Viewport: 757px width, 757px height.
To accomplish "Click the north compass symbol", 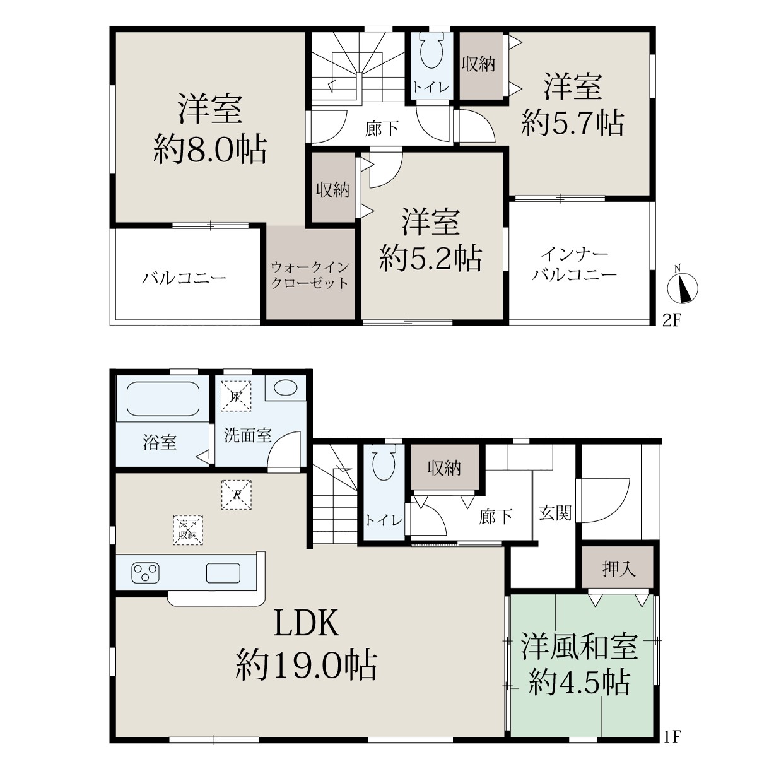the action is [x=683, y=287].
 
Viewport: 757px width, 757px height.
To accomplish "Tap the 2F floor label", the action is [x=671, y=321].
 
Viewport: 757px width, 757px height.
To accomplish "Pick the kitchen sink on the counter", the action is [x=223, y=573].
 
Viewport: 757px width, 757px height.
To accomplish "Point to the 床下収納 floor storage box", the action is [x=188, y=530].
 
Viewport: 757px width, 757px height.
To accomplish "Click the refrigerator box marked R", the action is [x=236, y=495].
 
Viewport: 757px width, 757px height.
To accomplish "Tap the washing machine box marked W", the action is [x=236, y=397].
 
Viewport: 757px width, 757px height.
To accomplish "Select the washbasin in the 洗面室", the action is [x=285, y=388].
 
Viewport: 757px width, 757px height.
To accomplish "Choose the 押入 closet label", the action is [x=619, y=568].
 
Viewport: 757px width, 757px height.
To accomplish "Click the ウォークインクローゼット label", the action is [x=310, y=276].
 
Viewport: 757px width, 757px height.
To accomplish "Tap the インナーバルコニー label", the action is [x=574, y=265].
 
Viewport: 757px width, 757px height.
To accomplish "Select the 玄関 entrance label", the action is [x=555, y=513].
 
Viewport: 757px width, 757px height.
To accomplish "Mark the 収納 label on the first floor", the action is [x=444, y=468].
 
